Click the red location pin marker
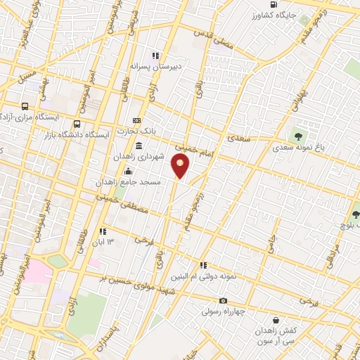[180, 167]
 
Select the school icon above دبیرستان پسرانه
[155, 56]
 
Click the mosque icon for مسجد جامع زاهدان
[128, 171]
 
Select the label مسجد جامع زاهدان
[131, 181]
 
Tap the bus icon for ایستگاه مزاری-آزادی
[25, 107]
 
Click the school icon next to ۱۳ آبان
[103, 231]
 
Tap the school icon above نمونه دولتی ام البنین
[203, 265]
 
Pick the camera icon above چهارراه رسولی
[223, 301]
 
